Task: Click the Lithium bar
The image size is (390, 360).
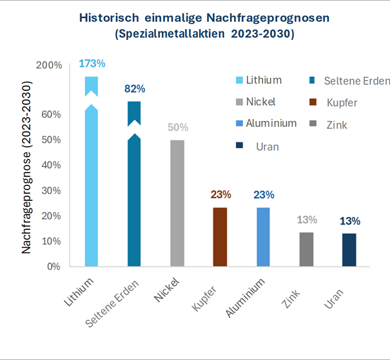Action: pyautogui.click(x=92, y=187)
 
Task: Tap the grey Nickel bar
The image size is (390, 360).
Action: pyautogui.click(x=177, y=203)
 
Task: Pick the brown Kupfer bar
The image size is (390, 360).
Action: pyautogui.click(x=220, y=236)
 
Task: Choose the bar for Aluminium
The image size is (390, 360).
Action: pyautogui.click(x=263, y=236)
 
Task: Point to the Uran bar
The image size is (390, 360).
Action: pyautogui.click(x=349, y=250)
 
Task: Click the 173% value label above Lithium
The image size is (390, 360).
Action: pyautogui.click(x=92, y=64)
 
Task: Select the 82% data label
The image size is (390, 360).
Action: pyautogui.click(x=135, y=89)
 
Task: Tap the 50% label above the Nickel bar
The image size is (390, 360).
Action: pyautogui.click(x=177, y=128)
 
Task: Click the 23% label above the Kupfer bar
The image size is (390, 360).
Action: pyautogui.click(x=220, y=194)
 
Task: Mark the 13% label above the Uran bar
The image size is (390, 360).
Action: pyautogui.click(x=349, y=221)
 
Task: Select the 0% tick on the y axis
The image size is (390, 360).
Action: pyautogui.click(x=54, y=266)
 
